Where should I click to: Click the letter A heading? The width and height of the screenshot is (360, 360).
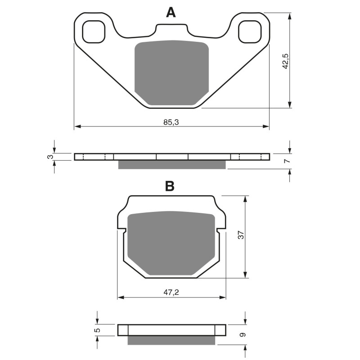171,13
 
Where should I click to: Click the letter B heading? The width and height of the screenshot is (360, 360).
170,186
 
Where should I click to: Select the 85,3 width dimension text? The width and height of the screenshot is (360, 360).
171,122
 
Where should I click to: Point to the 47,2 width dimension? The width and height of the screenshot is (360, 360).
171,292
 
